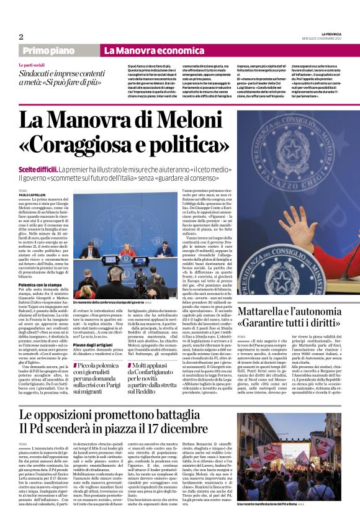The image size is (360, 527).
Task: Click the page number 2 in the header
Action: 20,37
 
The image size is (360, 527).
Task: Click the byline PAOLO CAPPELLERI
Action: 34,194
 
